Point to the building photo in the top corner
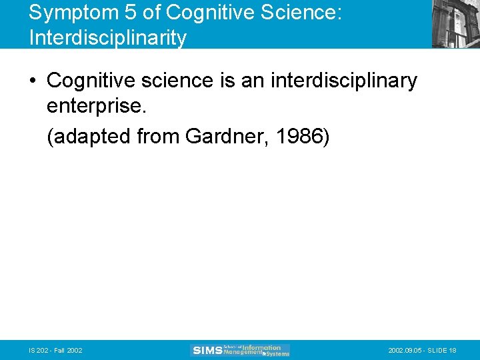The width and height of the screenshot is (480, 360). (455, 23)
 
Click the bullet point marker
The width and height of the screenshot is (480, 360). (33, 82)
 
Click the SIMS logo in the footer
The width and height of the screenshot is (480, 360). (207, 350)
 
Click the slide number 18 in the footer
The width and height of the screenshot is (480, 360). (453, 351)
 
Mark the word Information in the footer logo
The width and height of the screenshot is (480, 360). (261, 347)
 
